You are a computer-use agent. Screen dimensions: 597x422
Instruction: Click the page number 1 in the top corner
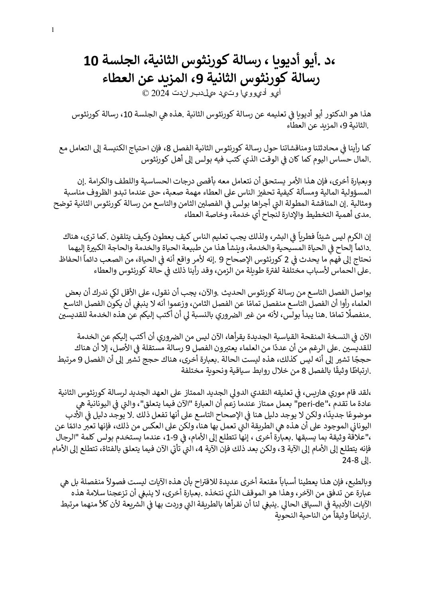click(x=53, y=30)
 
